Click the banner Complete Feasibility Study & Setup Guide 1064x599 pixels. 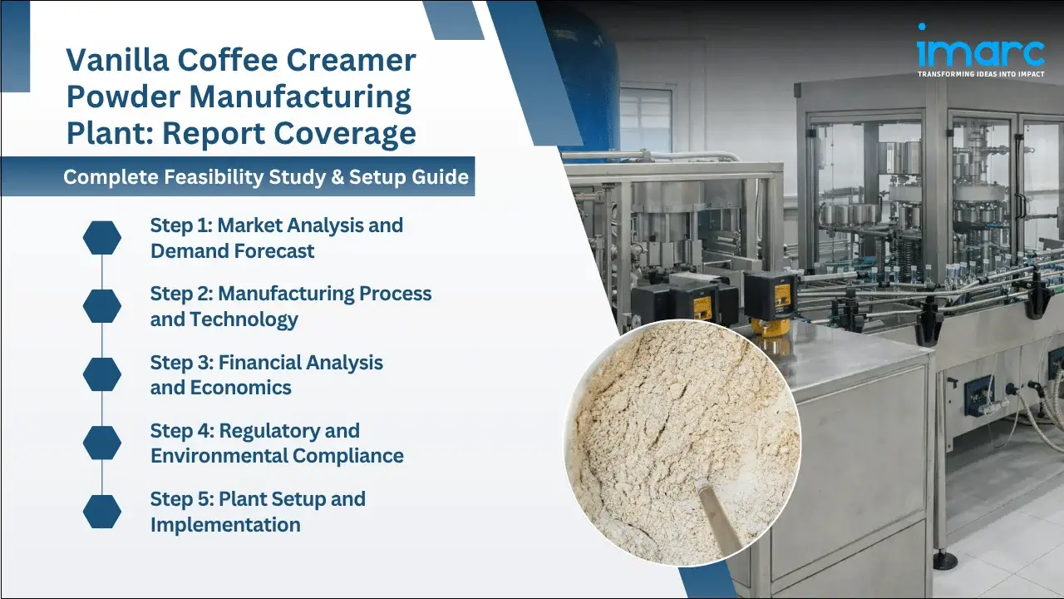[x=266, y=177]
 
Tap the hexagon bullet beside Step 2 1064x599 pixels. [x=102, y=307]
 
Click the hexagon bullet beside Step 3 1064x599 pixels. [x=102, y=375]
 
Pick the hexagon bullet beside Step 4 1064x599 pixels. [x=102, y=443]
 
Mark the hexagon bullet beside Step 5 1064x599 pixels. [x=102, y=512]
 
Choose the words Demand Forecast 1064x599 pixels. [x=233, y=251]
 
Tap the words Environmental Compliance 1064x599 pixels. [x=277, y=456]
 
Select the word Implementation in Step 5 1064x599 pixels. [x=225, y=525]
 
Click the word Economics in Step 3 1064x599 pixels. [x=241, y=388]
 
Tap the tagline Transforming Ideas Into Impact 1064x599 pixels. [x=981, y=74]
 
